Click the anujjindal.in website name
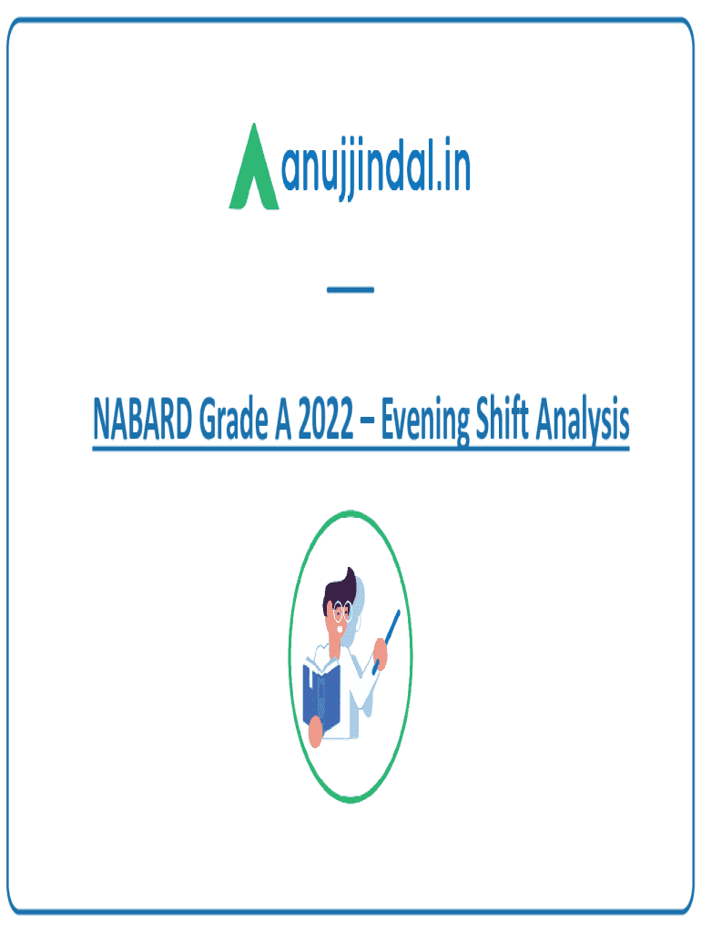coord(376,168)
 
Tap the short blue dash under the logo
coord(350,289)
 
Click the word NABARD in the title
coord(143,419)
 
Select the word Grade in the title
coord(234,419)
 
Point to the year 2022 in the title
coord(326,419)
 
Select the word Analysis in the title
coord(583,420)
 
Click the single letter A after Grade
coord(283,419)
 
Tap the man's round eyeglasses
coord(342,612)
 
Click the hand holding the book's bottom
coord(315,733)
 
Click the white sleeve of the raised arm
coord(360,684)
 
